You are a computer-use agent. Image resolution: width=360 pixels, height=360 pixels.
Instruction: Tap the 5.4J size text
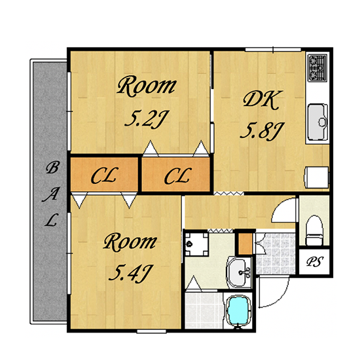coord(131,273)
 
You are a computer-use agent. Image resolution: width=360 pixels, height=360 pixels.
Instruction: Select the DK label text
coord(262,99)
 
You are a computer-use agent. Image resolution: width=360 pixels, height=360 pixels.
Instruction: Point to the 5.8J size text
coord(262,131)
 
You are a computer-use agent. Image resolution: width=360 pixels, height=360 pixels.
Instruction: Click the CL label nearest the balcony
coord(105,175)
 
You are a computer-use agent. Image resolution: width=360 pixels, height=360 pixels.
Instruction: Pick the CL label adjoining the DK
coord(178,176)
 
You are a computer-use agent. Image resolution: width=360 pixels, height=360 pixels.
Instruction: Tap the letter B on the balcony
coord(52,167)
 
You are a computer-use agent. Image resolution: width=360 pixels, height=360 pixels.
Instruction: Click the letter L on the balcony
coord(50,220)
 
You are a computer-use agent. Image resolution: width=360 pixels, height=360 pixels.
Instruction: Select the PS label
coord(315,261)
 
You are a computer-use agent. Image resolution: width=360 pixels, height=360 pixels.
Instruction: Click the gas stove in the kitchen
coord(317,67)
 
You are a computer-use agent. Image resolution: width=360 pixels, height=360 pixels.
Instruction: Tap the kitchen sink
coord(317,122)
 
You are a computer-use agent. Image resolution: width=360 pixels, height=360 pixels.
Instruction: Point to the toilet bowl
coord(315,230)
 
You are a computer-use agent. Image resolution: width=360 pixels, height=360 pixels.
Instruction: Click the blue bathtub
coord(238,311)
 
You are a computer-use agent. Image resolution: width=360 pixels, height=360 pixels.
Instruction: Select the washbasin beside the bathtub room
coord(239,272)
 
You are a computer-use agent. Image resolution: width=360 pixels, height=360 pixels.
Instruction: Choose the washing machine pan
coord(196,244)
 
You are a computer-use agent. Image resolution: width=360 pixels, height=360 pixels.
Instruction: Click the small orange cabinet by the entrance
coord(245,243)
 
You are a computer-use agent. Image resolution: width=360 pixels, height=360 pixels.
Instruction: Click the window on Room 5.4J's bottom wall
coord(151,331)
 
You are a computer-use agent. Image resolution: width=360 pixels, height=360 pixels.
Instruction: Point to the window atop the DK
coord(273,49)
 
